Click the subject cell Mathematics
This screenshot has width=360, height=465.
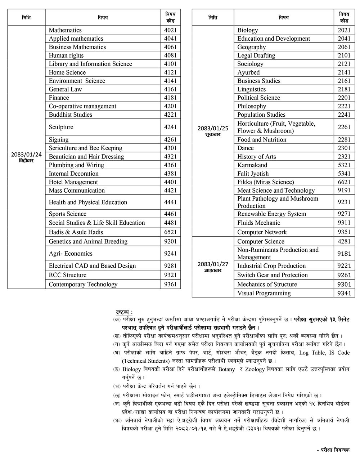(x=65, y=30)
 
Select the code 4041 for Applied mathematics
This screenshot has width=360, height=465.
(x=170, y=39)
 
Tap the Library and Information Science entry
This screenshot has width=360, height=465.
(x=90, y=64)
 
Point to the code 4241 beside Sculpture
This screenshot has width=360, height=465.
(x=170, y=127)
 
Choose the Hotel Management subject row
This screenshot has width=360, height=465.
(x=73, y=182)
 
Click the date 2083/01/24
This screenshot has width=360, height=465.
(x=26, y=154)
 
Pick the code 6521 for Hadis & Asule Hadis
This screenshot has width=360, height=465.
(x=170, y=232)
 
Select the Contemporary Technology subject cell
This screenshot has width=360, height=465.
(x=83, y=284)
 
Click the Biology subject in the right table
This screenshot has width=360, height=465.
(x=248, y=30)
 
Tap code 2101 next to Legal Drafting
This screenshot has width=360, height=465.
(x=344, y=55)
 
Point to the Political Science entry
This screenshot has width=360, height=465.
(x=258, y=98)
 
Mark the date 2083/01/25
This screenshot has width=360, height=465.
(x=213, y=128)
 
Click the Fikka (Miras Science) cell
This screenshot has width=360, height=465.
(x=265, y=182)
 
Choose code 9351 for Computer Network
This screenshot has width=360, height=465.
(x=344, y=232)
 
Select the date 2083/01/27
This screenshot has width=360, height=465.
(x=213, y=264)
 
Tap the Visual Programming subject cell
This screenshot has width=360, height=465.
(x=264, y=293)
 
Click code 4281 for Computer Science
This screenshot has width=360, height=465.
(x=344, y=241)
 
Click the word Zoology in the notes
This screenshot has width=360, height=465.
(x=255, y=369)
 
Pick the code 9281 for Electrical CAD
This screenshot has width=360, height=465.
(x=170, y=266)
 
